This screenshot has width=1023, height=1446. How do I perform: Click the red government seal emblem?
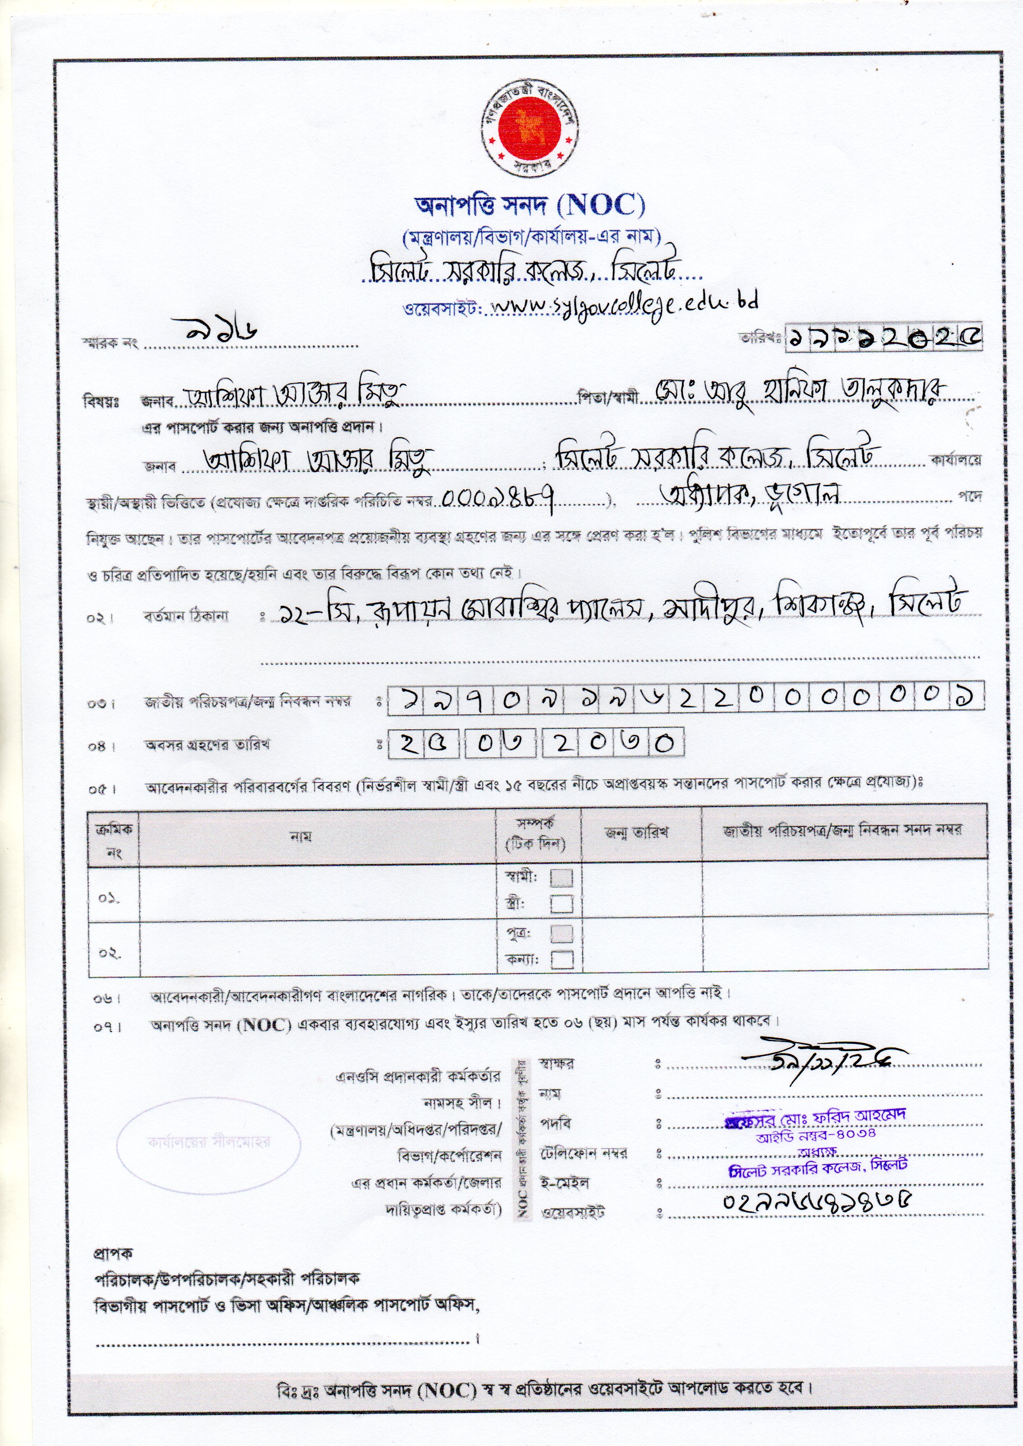pyautogui.click(x=529, y=129)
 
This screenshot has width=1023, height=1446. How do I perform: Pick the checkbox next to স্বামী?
pyautogui.click(x=561, y=878)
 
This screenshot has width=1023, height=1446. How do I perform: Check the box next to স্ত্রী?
pyautogui.click(x=561, y=904)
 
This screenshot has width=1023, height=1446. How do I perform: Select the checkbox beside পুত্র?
pyautogui.click(x=561, y=933)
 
